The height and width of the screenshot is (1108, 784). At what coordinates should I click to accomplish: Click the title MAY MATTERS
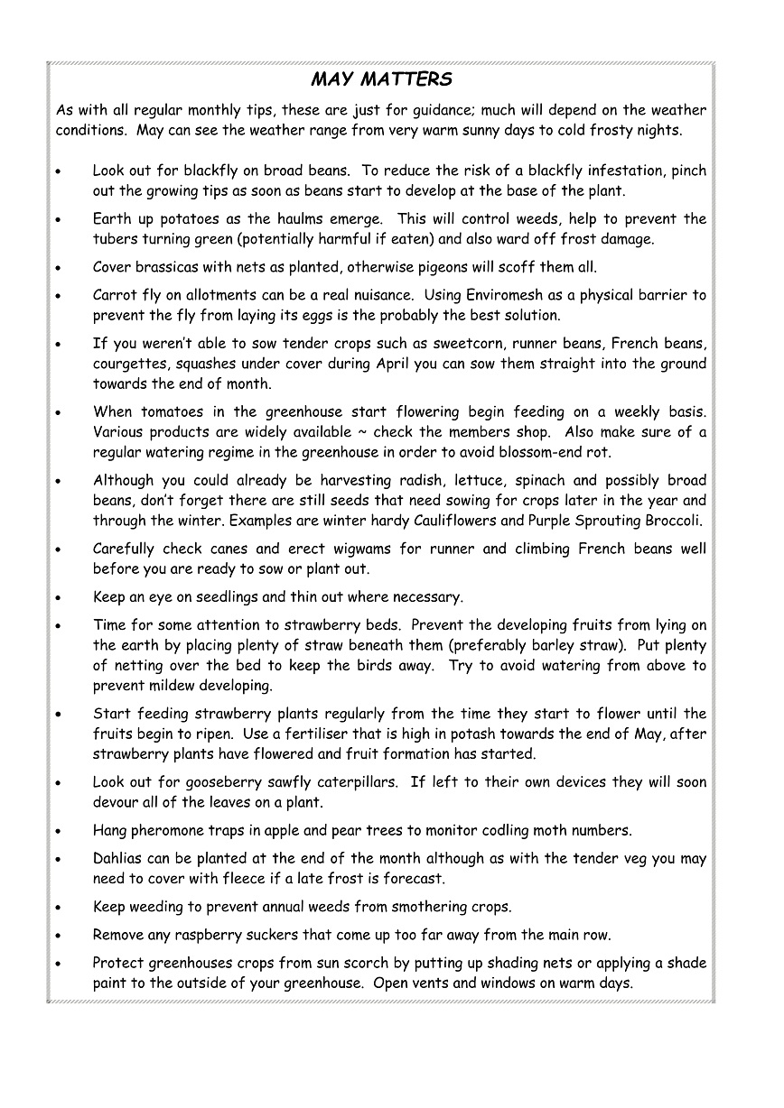pyautogui.click(x=381, y=80)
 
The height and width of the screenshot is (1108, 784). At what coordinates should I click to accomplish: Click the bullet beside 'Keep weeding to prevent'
pyautogui.click(x=58, y=908)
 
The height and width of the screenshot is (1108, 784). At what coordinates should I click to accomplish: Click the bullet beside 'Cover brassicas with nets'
pyautogui.click(x=58, y=268)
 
